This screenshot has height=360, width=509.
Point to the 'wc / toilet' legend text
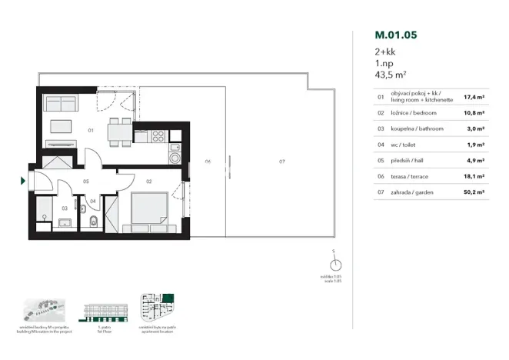[x=406, y=144]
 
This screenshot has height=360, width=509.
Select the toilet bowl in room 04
[x=93, y=223]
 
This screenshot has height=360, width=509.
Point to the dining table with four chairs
[x=117, y=132]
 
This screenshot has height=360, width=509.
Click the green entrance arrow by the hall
[x=22, y=182]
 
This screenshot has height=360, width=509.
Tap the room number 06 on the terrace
[x=208, y=162]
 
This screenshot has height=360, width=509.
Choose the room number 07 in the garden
[x=282, y=162]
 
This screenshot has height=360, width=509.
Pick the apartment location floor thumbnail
[x=159, y=309]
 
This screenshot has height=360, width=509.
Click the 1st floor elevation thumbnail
[x=105, y=312]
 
